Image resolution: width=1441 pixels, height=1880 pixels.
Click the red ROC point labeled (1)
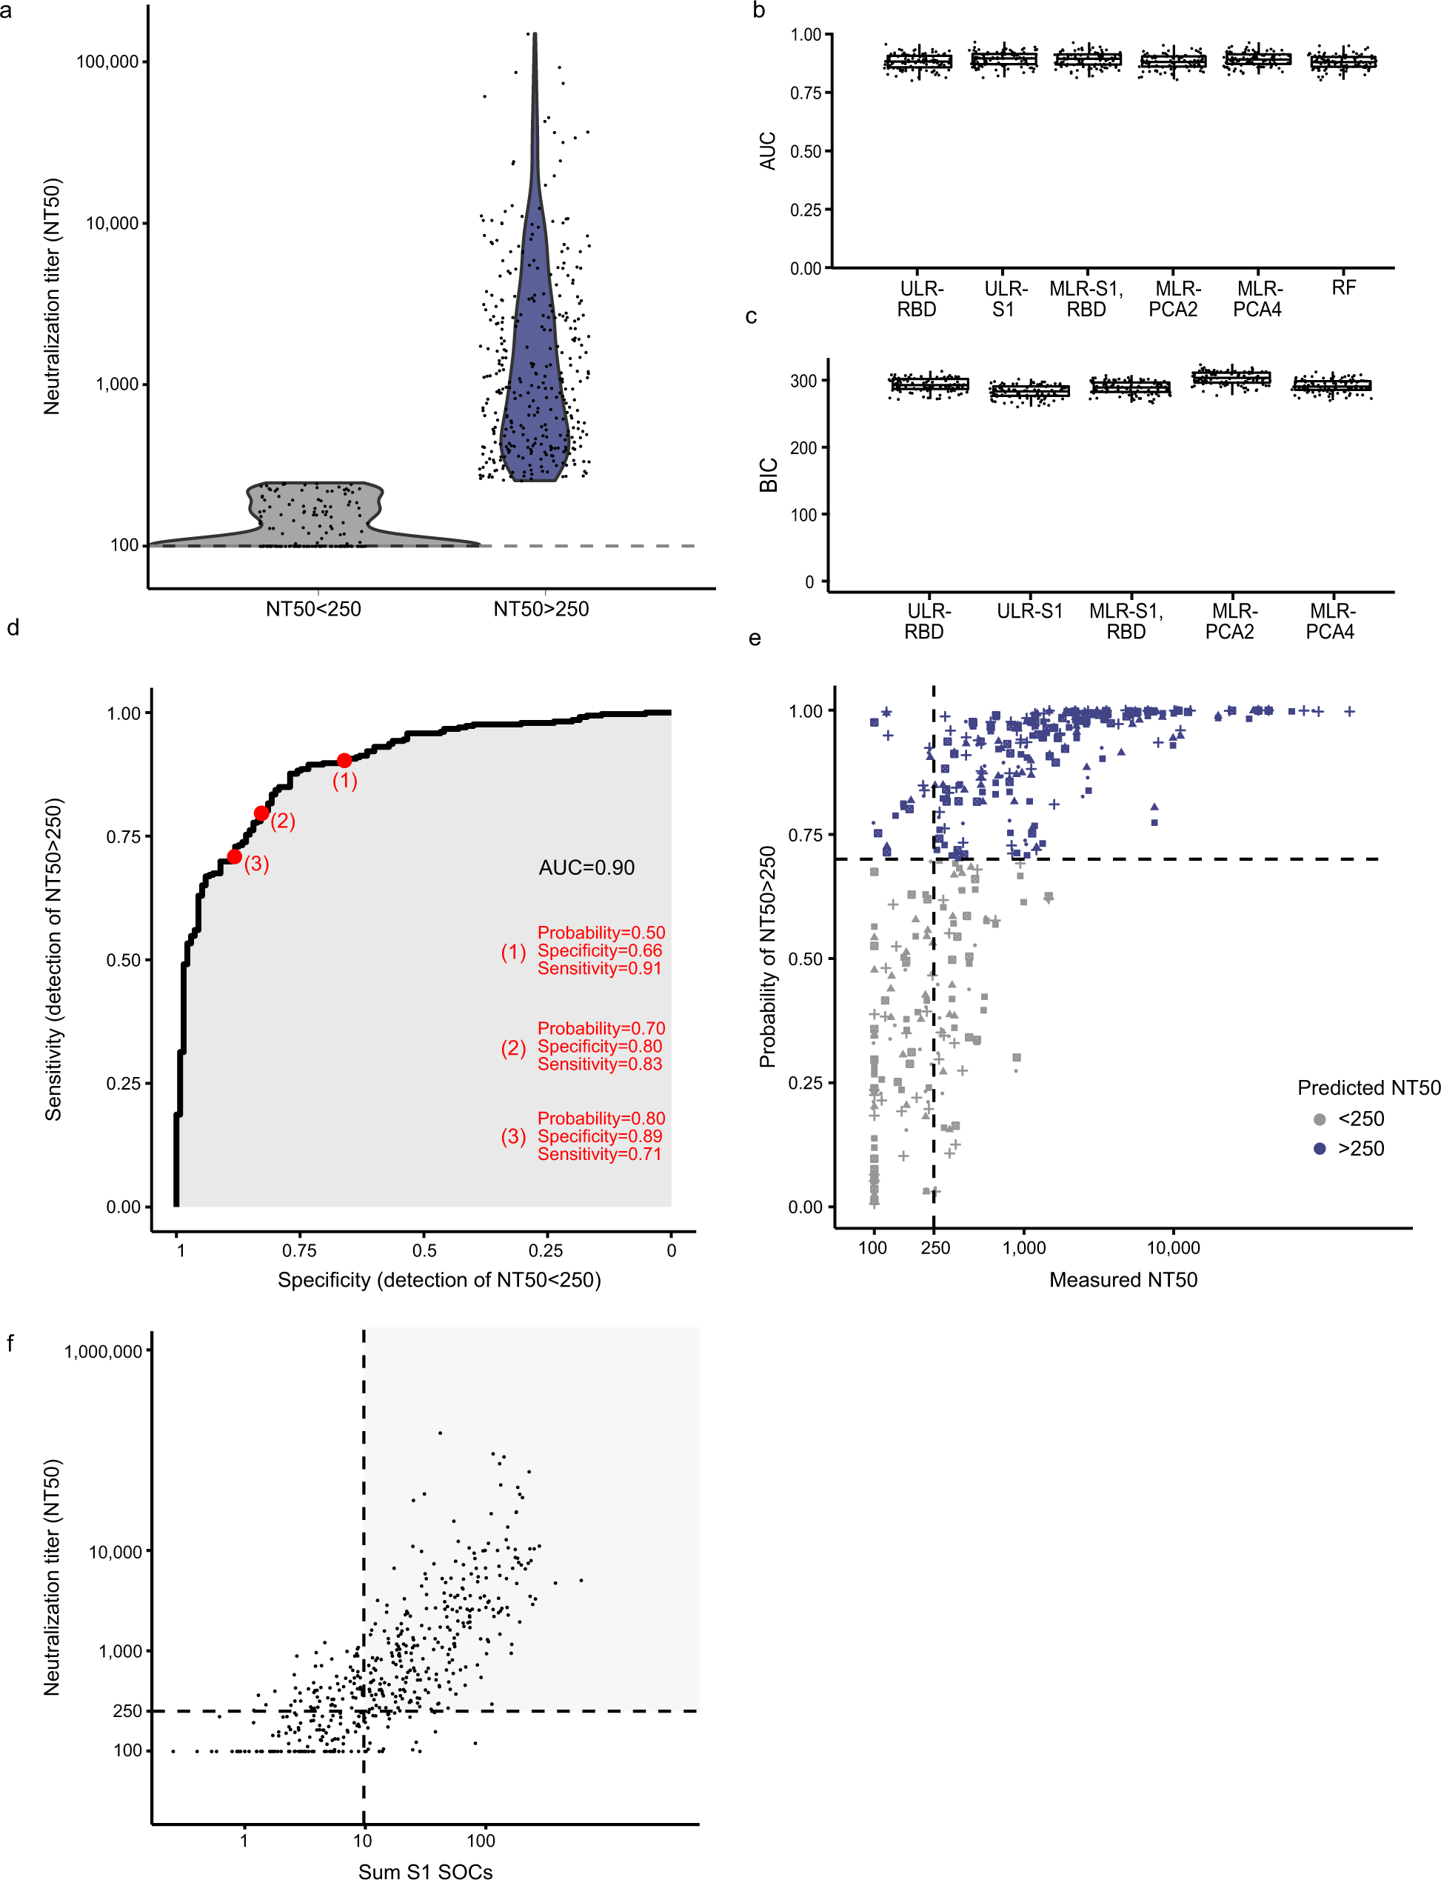(344, 760)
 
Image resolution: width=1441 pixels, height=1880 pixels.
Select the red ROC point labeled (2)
(261, 813)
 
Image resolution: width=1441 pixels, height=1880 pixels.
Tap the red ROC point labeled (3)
(234, 856)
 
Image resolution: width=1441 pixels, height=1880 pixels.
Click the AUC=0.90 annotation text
(586, 867)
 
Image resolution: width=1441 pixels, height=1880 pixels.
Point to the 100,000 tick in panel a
(107, 61)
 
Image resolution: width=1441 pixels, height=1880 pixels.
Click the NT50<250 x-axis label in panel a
(313, 609)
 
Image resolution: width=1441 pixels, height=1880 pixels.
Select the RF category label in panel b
(1343, 288)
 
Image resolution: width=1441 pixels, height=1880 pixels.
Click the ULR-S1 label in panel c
(1029, 611)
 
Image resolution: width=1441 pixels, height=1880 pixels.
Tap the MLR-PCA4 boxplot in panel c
(1331, 386)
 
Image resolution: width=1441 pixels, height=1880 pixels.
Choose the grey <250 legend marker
(1320, 1119)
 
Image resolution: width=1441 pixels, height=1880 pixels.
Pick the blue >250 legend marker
(1320, 1148)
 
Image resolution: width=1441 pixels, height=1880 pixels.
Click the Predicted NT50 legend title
(1368, 1088)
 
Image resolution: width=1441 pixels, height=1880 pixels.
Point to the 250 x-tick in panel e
(935, 1247)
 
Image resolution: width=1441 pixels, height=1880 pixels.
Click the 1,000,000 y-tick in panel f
(103, 1351)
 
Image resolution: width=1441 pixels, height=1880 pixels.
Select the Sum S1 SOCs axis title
(426, 1871)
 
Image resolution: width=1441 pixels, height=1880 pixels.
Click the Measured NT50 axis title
(1123, 1279)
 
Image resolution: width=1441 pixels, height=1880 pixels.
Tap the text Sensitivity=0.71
(600, 1154)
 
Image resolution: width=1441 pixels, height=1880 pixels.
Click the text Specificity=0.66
(600, 950)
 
